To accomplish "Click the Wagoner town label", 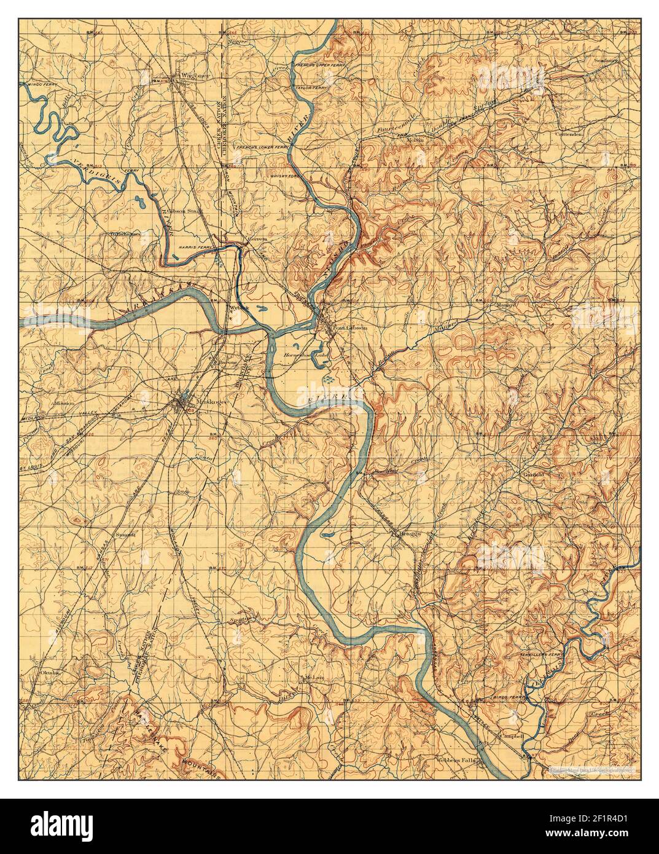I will [x=187, y=76].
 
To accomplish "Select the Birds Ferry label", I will [x=505, y=699].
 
